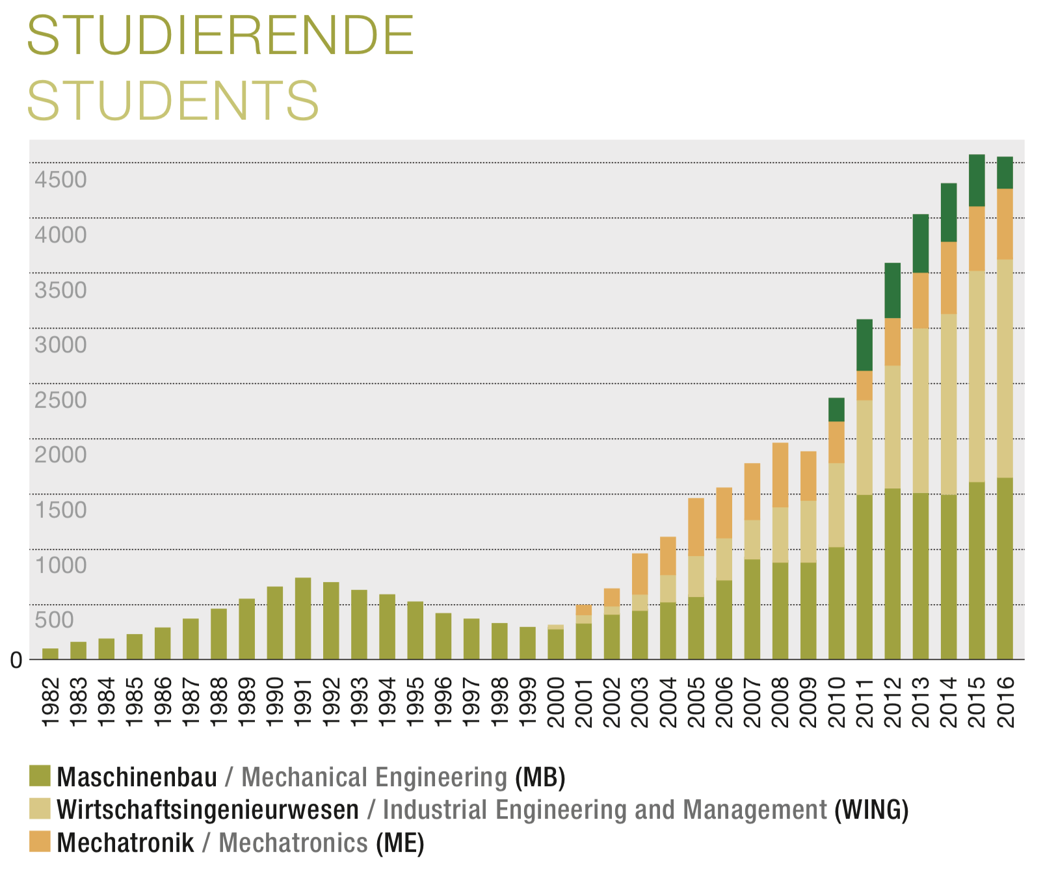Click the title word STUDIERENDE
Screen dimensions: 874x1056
click(x=220, y=36)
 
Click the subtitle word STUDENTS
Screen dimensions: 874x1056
click(x=173, y=101)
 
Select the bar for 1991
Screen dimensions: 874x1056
click(x=303, y=618)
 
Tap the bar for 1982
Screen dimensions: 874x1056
click(x=50, y=654)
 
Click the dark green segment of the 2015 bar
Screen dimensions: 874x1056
click(x=977, y=180)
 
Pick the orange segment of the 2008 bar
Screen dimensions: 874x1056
click(x=780, y=475)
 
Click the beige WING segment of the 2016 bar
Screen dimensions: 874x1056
click(x=1005, y=369)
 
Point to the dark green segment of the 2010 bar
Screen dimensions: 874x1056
click(x=836, y=410)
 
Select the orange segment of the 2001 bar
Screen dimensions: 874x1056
click(x=584, y=610)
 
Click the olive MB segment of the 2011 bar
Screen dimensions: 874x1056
click(x=864, y=577)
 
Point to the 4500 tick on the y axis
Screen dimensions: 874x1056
click(x=60, y=179)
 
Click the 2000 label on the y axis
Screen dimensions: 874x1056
click(x=60, y=455)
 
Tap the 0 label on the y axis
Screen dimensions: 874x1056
click(x=16, y=661)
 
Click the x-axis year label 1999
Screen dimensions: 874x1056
click(x=528, y=703)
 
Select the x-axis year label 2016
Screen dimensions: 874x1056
click(x=1005, y=703)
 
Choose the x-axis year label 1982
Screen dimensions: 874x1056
click(x=50, y=703)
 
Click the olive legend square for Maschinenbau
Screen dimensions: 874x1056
click(x=40, y=776)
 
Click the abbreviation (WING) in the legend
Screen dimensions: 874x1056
click(x=871, y=810)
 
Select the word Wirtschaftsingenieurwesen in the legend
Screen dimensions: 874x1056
click(x=207, y=810)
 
